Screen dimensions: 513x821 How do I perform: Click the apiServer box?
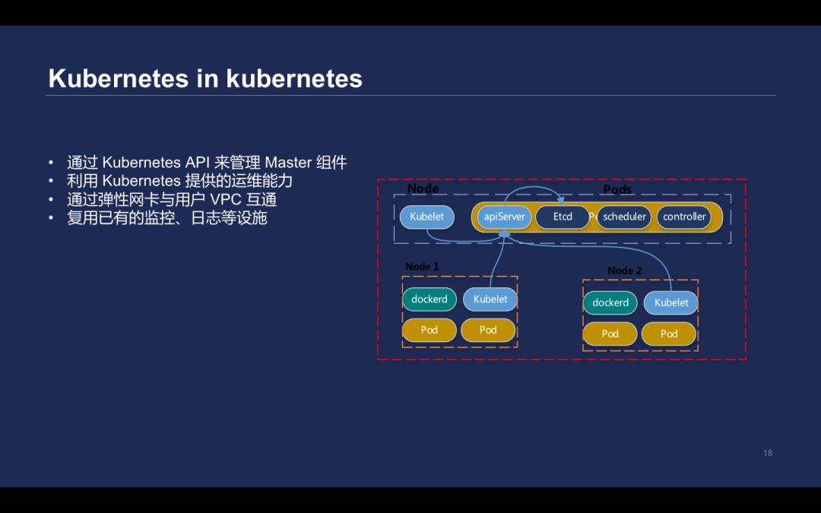(504, 217)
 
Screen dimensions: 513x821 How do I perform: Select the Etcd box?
(563, 217)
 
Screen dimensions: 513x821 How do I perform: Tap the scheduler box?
(624, 217)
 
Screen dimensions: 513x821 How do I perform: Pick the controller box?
(684, 217)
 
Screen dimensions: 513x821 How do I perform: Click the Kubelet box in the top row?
(426, 217)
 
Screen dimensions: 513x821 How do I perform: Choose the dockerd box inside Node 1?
(430, 299)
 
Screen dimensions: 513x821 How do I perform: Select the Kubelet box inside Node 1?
(490, 299)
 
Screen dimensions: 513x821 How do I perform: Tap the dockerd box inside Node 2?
(610, 303)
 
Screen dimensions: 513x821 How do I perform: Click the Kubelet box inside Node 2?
(671, 303)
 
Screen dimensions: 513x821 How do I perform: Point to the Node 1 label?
(422, 267)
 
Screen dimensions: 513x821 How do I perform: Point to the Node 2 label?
(625, 271)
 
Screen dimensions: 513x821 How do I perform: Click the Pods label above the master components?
(617, 189)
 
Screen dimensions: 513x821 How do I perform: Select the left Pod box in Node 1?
(430, 330)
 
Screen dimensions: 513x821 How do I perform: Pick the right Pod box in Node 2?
(669, 334)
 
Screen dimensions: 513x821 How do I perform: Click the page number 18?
(768, 453)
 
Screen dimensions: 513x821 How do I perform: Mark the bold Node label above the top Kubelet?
(423, 188)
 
